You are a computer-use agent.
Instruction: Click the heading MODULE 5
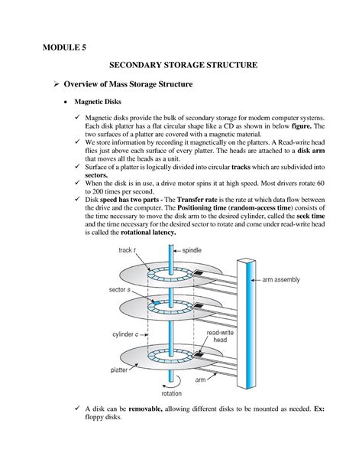coord(64,47)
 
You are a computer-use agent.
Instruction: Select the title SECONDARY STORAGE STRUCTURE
coord(180,67)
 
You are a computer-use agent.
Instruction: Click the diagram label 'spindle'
coord(194,249)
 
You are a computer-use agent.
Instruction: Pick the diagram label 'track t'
coord(127,249)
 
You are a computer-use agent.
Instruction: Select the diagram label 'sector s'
coord(123,291)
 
